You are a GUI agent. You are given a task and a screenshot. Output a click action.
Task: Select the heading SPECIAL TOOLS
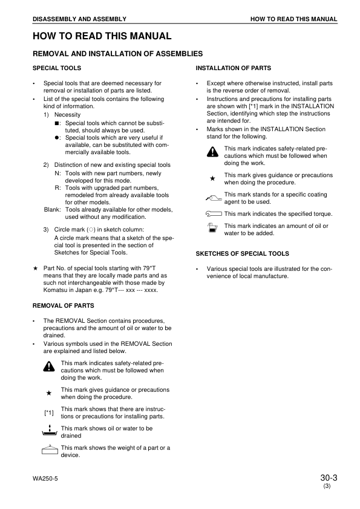pos(56,68)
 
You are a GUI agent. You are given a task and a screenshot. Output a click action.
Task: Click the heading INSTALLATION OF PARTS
pos(234,68)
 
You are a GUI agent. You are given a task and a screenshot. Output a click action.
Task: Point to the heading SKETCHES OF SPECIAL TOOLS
pos(243,254)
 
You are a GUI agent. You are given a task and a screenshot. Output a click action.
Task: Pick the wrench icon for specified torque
pos(214,213)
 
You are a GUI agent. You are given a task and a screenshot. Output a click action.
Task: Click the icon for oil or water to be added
pos(212,229)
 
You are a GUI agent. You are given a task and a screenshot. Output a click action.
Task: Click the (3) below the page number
pos(327,487)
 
